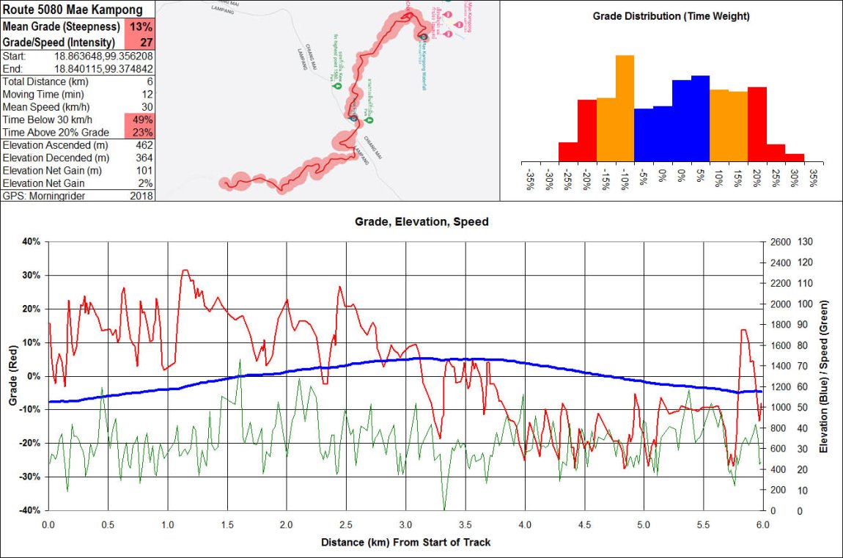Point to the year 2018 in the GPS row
[141, 196]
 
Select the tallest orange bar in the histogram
[625, 108]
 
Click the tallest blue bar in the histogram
[700, 117]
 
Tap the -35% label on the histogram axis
[529, 180]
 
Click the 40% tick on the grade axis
[33, 241]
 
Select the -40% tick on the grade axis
[32, 510]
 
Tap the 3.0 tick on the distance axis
[405, 525]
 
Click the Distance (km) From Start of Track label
[405, 543]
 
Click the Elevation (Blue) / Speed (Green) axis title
[825, 375]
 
